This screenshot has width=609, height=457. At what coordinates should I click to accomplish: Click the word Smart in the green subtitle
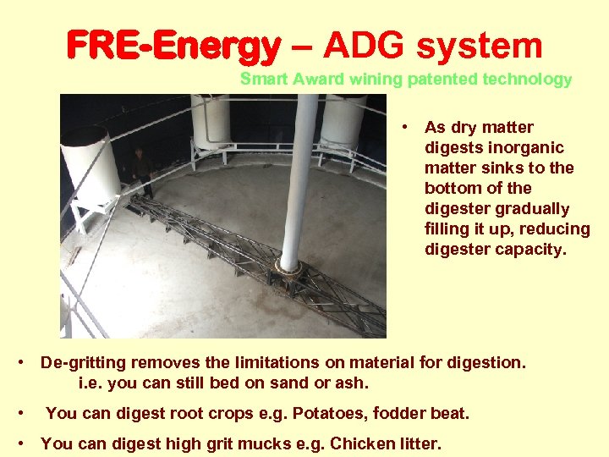click(x=264, y=80)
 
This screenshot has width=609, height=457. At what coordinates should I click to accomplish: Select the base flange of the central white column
click(x=289, y=269)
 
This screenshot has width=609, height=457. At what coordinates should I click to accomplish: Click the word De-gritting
click(x=83, y=362)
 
